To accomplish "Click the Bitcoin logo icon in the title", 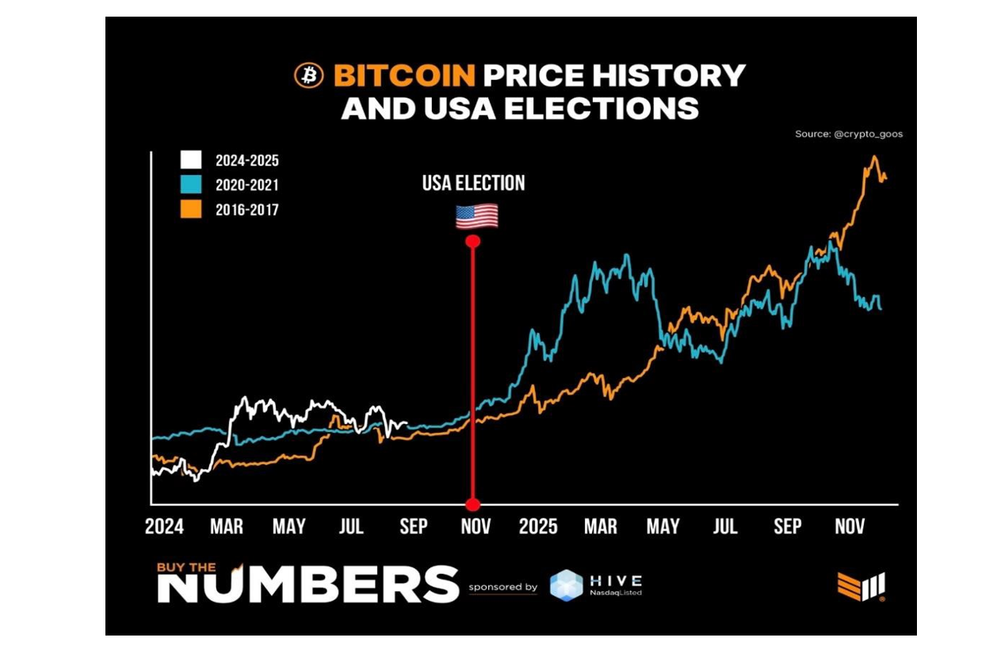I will pos(308,75).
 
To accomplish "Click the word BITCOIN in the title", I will pos(404,76).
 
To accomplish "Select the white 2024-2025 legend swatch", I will pos(190,160).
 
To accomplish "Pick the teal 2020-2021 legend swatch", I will pos(190,185).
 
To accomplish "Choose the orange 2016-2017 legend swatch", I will pos(190,209).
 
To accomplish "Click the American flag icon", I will pos(476,216).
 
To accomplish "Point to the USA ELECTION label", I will pos(473,183).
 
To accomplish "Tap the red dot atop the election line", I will pos(473,241).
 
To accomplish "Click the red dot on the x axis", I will pos(473,505).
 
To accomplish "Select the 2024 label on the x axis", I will pos(164,527).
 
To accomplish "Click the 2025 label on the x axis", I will pos(538,527).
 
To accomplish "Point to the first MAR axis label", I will pos(227,527).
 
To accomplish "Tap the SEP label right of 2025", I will pos(787,527).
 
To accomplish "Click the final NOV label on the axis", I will pos(850,527).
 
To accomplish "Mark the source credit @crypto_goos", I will pos(848,134).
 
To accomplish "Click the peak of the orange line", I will pos(874,157).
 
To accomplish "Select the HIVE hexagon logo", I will pos(566,586).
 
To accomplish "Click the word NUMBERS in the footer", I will pos(308,585).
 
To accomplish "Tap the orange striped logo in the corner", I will pos(861,586).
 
